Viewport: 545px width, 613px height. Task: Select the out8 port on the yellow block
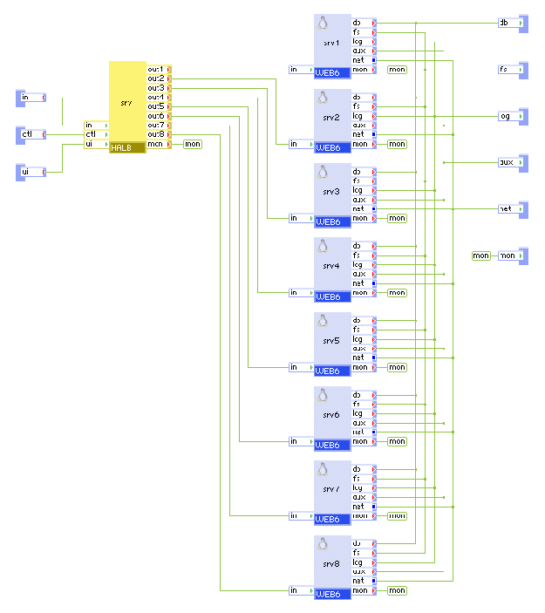[x=159, y=134]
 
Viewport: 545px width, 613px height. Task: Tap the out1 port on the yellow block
[x=159, y=69]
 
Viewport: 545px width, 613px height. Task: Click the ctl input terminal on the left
[x=31, y=134]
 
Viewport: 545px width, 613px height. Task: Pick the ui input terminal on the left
[x=31, y=172]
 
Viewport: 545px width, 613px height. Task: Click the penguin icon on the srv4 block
[x=323, y=246]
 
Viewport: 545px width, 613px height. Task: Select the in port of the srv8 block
[x=301, y=590]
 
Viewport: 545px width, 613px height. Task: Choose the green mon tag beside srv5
[x=397, y=367]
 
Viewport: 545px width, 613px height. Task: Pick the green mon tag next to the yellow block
[x=193, y=144]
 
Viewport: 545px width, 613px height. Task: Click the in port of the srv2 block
[x=301, y=144]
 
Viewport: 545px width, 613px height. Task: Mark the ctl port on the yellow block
[x=95, y=134]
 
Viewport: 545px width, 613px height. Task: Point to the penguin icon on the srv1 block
[x=323, y=23]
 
